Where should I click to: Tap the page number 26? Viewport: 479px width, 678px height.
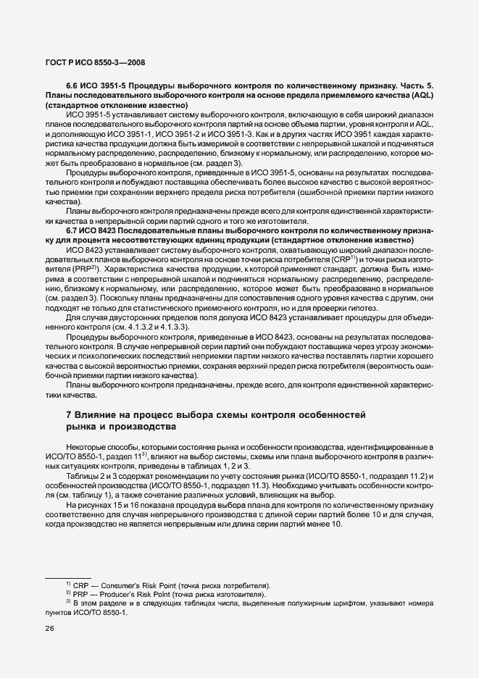click(51, 629)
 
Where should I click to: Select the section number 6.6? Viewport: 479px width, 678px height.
click(73, 85)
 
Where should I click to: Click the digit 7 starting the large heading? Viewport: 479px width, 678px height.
click(68, 414)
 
